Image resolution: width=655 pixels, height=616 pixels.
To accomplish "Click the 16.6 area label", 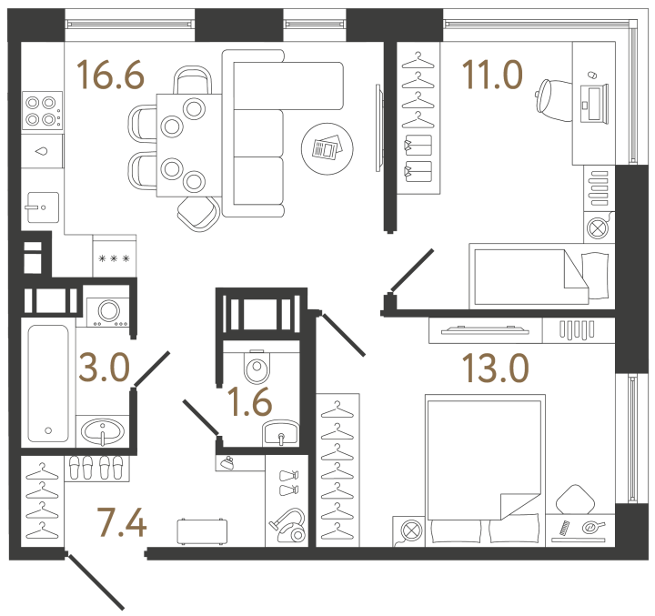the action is [111, 76].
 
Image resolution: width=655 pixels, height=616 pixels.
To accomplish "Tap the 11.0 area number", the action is [492, 75].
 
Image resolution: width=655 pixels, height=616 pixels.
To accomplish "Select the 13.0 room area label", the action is [496, 368].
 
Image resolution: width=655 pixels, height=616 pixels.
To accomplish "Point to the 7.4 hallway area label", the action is [122, 522].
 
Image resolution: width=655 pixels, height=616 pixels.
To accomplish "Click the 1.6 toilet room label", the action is [251, 402].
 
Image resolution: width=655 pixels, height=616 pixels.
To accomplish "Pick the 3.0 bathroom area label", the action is [105, 368].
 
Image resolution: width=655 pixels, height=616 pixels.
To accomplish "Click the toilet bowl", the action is [257, 367].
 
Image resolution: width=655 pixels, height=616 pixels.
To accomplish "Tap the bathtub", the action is [48, 383].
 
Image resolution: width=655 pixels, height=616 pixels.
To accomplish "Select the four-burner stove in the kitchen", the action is [42, 111].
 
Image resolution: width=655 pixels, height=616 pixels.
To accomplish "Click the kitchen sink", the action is [43, 207].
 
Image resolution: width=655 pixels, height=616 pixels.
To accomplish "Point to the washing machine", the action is [108, 312].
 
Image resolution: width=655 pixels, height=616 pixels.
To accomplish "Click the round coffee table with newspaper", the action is [327, 149].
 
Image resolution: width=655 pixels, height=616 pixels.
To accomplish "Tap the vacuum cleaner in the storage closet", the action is [289, 525].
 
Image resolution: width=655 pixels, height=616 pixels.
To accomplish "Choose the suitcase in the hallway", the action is [202, 531].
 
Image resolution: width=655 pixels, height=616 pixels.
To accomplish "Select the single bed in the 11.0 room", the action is [541, 277].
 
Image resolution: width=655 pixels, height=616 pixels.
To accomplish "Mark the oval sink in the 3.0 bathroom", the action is [102, 431].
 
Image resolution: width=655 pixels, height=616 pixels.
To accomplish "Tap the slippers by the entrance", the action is [96, 467].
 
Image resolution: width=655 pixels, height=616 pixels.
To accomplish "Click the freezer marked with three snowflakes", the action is [114, 256].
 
